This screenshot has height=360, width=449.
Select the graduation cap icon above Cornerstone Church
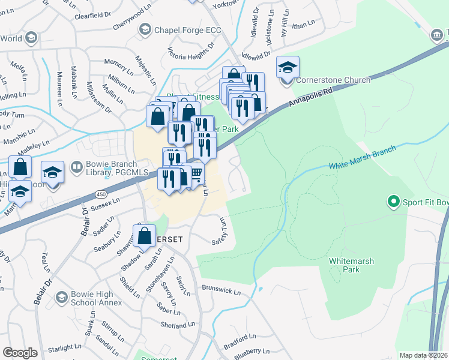[x=288, y=67]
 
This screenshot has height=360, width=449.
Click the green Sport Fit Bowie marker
[x=394, y=201]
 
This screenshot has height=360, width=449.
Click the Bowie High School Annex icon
[x=61, y=297]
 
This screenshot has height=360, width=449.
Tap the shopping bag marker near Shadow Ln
[x=145, y=236]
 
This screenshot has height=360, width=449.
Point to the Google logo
[x=20, y=352]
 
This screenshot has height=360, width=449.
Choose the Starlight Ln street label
[x=64, y=347]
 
